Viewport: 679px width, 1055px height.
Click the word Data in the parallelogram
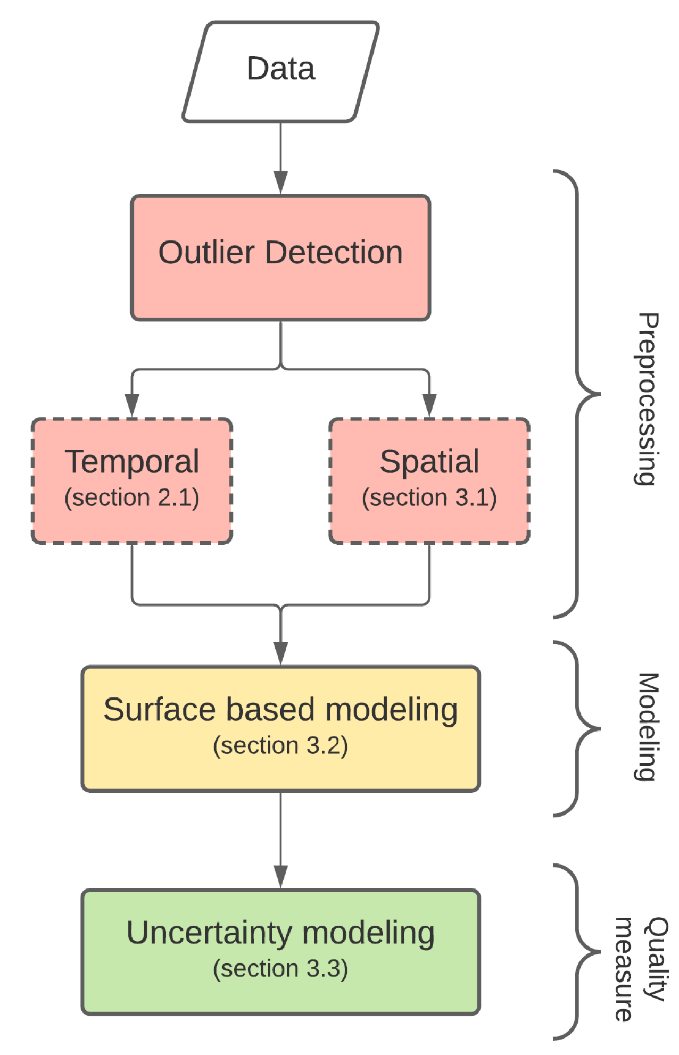click(x=280, y=69)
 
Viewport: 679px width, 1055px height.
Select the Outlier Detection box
click(x=280, y=258)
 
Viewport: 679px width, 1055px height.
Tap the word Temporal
click(x=132, y=462)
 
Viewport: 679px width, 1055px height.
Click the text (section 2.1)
click(x=132, y=498)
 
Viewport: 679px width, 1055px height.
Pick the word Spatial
click(x=429, y=462)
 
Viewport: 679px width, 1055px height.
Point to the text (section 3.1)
click(x=429, y=498)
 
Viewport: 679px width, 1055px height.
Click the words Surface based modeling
click(x=280, y=710)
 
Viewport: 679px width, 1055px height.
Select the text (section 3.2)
click(x=280, y=745)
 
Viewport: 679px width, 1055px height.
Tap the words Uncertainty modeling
click(x=280, y=933)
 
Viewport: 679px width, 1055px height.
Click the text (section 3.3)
click(x=280, y=968)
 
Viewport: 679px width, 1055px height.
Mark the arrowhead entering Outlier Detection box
click(x=280, y=182)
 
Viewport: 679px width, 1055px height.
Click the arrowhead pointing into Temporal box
click(x=132, y=405)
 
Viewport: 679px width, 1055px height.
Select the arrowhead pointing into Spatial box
click(x=429, y=405)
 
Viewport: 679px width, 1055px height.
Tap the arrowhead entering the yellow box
click(x=280, y=653)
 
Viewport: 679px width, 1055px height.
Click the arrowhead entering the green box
click(x=280, y=876)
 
